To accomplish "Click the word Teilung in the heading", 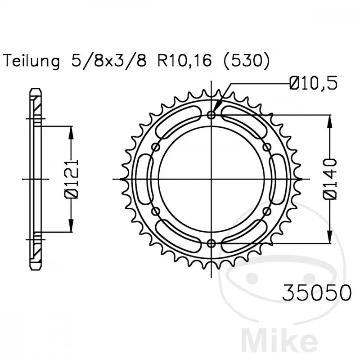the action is coord(31,61).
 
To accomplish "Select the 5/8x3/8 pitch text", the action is coord(109,61).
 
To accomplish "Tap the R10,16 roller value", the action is coord(184,61).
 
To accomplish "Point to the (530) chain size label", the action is coord(246,61).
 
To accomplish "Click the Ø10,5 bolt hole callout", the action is coord(313,83).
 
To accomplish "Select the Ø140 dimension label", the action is coord(330,179).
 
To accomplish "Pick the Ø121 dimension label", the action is coord(72,179).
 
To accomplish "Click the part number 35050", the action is coord(317,293).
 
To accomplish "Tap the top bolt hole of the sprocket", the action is coord(211,115).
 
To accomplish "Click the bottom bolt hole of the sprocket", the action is coord(211,243).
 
